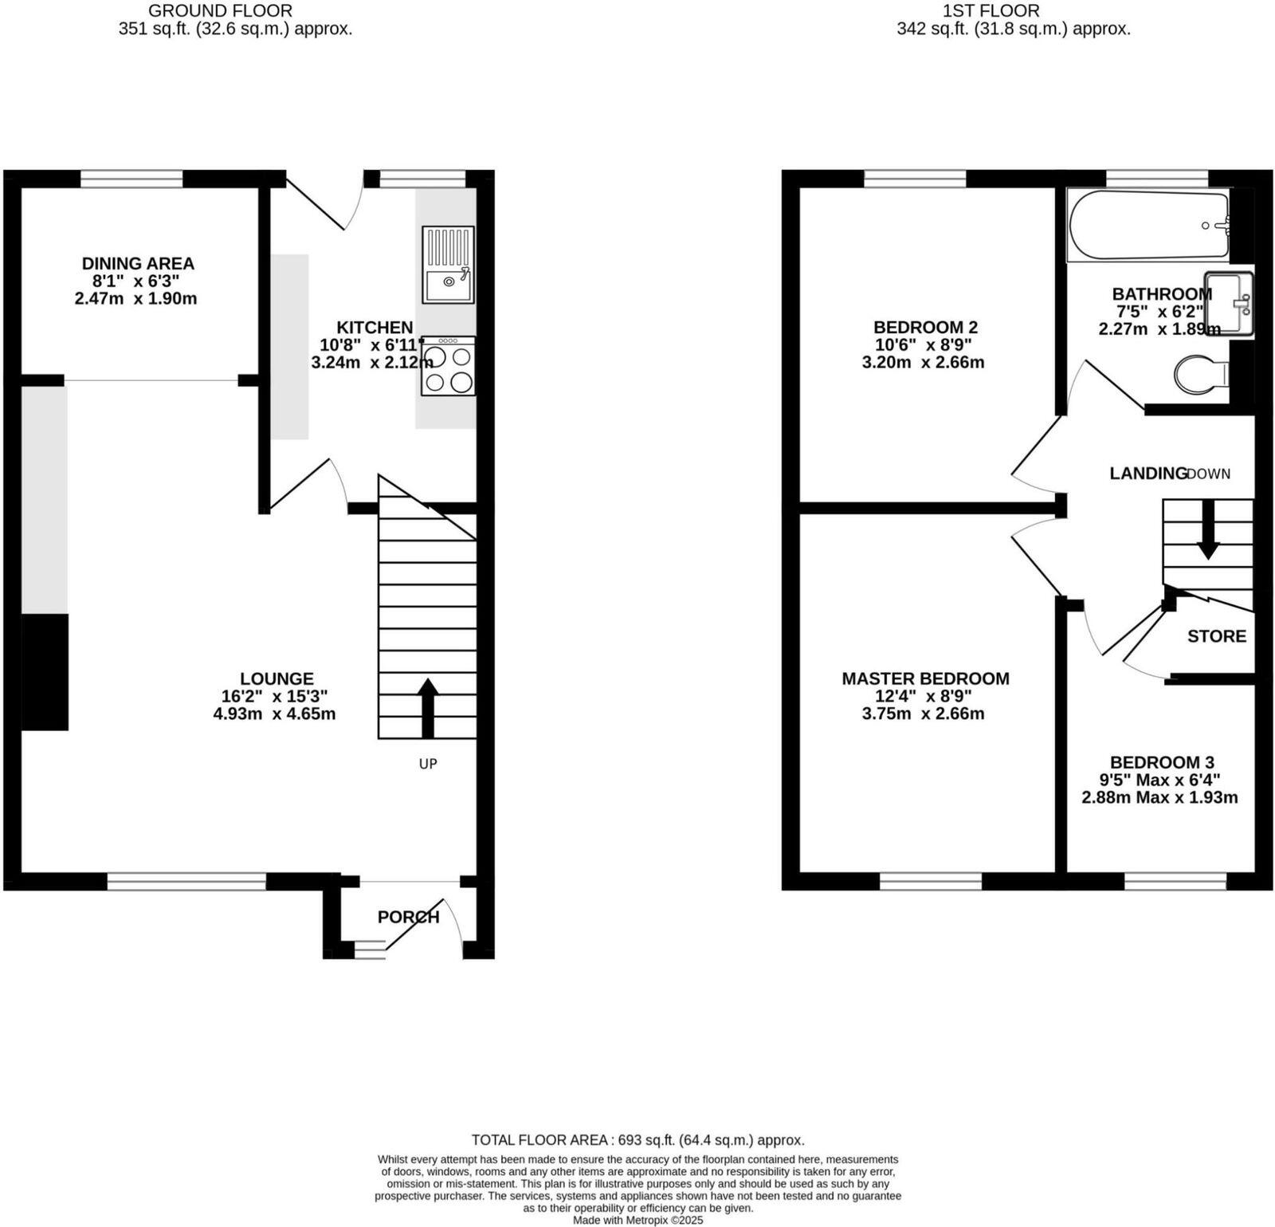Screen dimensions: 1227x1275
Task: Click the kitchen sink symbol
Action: coord(448,265)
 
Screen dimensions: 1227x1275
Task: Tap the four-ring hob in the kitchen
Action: coord(448,367)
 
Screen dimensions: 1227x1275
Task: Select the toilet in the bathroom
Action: coord(1202,374)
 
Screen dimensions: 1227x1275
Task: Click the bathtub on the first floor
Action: coord(1147,226)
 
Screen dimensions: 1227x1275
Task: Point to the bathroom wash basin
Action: coord(1229,303)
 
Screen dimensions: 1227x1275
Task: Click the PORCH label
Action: coord(408,917)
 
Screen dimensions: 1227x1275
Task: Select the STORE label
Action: coord(1216,636)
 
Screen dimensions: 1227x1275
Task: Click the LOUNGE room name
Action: coord(277,678)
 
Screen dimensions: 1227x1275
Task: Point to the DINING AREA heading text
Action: coord(138,263)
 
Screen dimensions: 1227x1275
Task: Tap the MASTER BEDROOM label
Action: coord(925,678)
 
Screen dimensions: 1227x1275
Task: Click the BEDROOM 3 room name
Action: coord(1161,762)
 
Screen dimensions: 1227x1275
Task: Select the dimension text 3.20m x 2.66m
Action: coord(923,362)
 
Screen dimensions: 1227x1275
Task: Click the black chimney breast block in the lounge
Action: coord(45,671)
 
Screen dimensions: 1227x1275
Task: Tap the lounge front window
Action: coord(186,881)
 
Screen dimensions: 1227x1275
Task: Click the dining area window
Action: coord(131,179)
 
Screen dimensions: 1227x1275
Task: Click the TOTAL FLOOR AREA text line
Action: coord(637,1140)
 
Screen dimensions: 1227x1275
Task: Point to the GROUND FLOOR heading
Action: coord(220,11)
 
